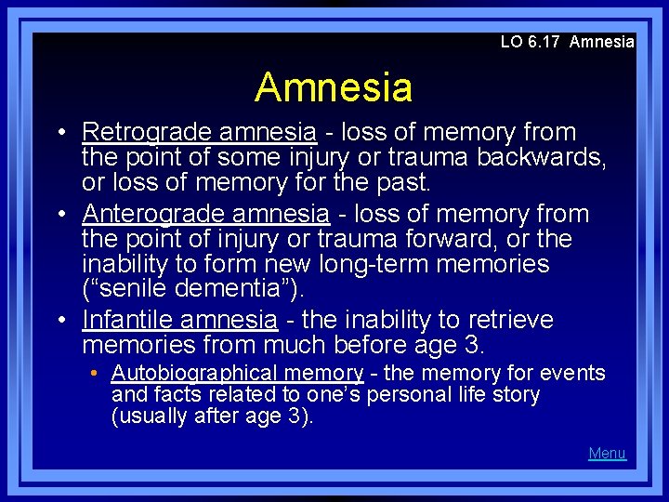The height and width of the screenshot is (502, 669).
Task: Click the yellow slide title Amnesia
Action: click(334, 87)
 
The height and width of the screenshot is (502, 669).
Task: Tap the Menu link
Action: click(607, 454)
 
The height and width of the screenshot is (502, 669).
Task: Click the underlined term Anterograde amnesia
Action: click(205, 214)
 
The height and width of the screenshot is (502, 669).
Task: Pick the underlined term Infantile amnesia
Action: click(179, 321)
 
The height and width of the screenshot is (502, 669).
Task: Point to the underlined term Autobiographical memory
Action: click(237, 374)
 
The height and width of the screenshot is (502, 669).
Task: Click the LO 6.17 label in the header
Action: click(531, 42)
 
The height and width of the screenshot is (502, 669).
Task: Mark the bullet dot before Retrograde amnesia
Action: click(62, 134)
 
